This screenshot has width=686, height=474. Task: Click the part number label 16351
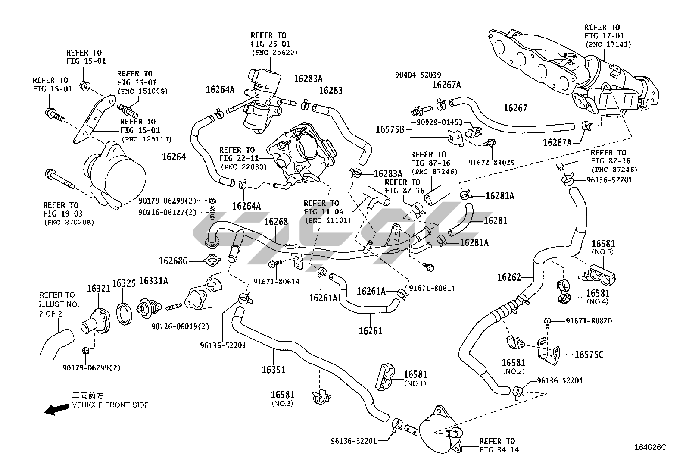[x=274, y=370]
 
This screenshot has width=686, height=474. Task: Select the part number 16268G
[x=173, y=261]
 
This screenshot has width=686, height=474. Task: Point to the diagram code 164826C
[x=650, y=447]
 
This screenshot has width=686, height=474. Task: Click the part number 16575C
[x=589, y=355]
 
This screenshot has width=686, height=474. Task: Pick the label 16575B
[x=390, y=129]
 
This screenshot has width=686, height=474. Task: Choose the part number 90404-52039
[x=418, y=75]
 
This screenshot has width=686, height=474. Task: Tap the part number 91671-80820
[x=589, y=321]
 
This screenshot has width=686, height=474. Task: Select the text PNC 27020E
[x=69, y=222]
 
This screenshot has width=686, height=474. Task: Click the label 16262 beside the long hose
[x=509, y=277]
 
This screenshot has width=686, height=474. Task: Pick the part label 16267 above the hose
[x=515, y=108]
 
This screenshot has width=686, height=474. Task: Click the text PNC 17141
[x=608, y=44]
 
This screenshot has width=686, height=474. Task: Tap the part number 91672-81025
[x=491, y=163]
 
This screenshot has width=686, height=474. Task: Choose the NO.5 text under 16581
[x=603, y=252]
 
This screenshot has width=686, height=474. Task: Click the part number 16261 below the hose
[x=370, y=331]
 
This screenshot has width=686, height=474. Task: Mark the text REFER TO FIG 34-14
[x=499, y=446]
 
